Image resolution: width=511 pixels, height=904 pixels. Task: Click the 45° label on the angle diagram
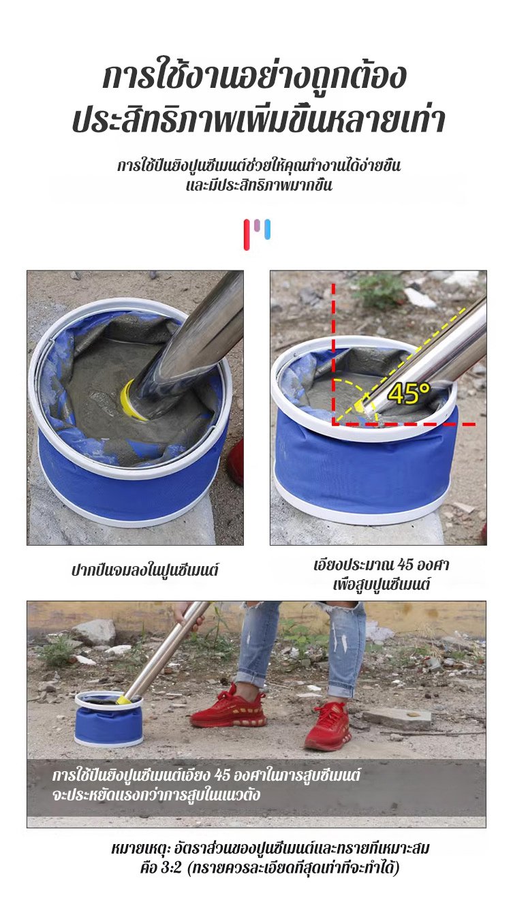(x=409, y=393)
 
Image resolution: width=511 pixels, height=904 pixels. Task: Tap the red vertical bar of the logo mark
(x=247, y=234)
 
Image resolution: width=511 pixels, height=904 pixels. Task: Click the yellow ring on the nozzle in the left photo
(x=132, y=399)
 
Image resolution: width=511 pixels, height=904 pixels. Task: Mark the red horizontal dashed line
(x=404, y=424)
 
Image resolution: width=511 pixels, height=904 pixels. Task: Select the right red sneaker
(x=326, y=726)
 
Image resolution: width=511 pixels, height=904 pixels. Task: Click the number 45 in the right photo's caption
(x=406, y=565)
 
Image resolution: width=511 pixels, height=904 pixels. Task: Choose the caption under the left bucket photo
(x=145, y=571)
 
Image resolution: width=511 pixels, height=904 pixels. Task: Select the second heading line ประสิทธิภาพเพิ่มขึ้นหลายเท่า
(x=258, y=119)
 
